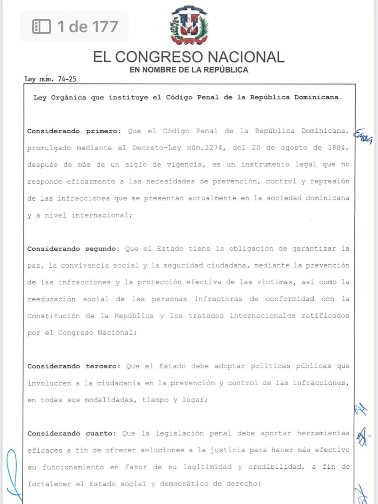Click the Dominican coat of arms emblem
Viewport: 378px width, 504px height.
pyautogui.click(x=189, y=26)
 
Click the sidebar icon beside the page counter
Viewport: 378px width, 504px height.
pyautogui.click(x=42, y=27)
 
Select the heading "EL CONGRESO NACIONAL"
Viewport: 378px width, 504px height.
pyautogui.click(x=189, y=57)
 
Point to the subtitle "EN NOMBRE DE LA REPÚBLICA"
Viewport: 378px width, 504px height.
pyautogui.click(x=189, y=70)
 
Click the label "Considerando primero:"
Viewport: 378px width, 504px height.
pyautogui.click(x=74, y=131)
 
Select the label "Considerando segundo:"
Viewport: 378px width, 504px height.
pyautogui.click(x=74, y=249)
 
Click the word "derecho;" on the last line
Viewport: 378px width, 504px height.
pyautogui.click(x=244, y=484)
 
